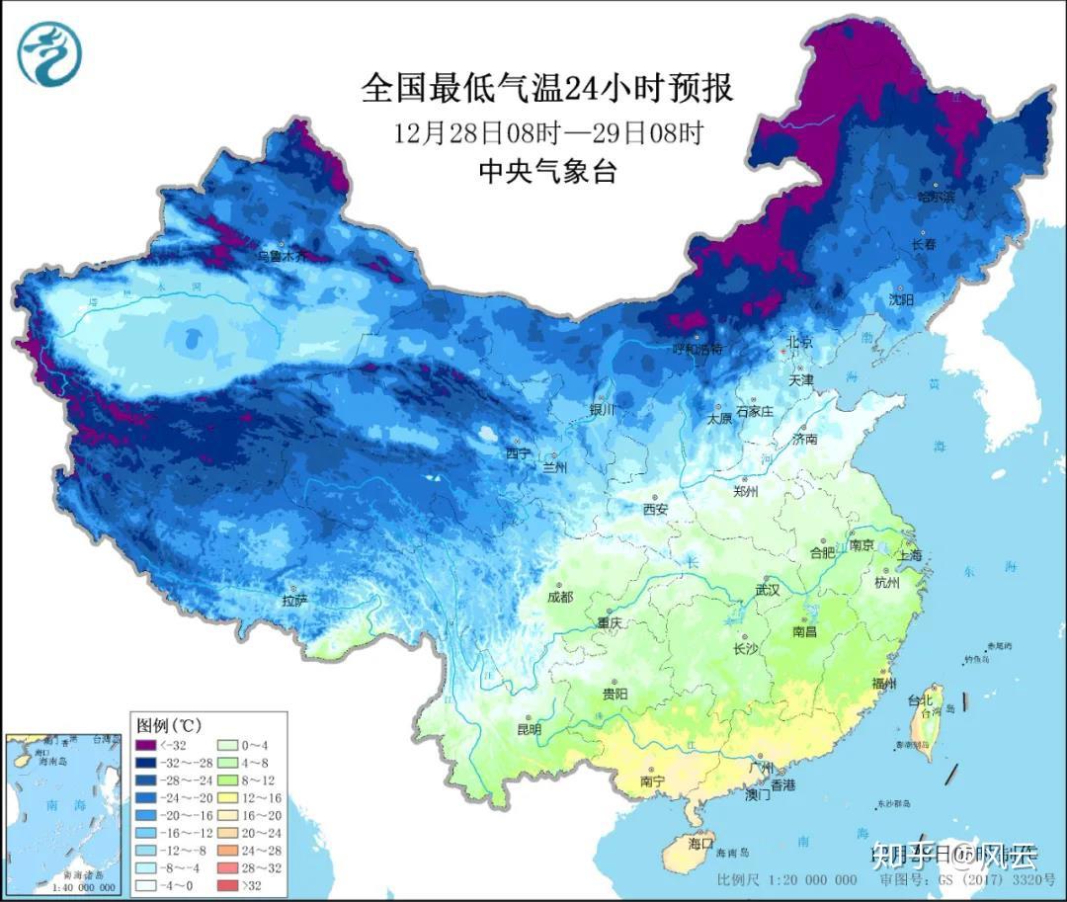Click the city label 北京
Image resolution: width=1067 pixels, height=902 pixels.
799,342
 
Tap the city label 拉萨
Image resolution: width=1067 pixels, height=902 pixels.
295,600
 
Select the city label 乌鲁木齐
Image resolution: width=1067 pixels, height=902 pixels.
283,255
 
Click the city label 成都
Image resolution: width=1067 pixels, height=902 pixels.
561,597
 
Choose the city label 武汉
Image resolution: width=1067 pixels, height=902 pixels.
767,590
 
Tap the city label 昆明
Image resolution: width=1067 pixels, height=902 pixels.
529,730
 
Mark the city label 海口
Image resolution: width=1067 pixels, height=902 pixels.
699,845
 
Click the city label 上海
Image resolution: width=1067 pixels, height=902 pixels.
911,555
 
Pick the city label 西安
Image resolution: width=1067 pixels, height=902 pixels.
656,509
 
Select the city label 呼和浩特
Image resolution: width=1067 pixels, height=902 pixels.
698,349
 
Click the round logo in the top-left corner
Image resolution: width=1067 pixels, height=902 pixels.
48,53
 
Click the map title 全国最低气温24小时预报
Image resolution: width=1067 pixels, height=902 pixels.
547,89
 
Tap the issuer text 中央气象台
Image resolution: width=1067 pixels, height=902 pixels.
547,171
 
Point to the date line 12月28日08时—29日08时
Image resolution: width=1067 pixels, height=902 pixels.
547,132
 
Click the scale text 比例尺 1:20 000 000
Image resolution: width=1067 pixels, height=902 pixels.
787,879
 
